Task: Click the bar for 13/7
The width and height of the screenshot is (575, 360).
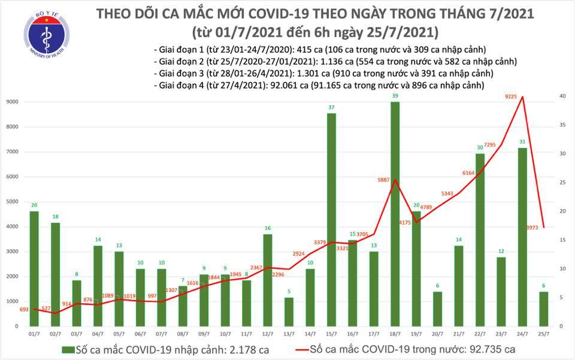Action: click(289, 311)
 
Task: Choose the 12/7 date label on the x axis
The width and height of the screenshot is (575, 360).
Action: click(268, 333)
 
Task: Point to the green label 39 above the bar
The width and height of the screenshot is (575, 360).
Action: click(395, 96)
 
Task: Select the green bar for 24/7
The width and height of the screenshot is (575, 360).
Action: click(521, 236)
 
